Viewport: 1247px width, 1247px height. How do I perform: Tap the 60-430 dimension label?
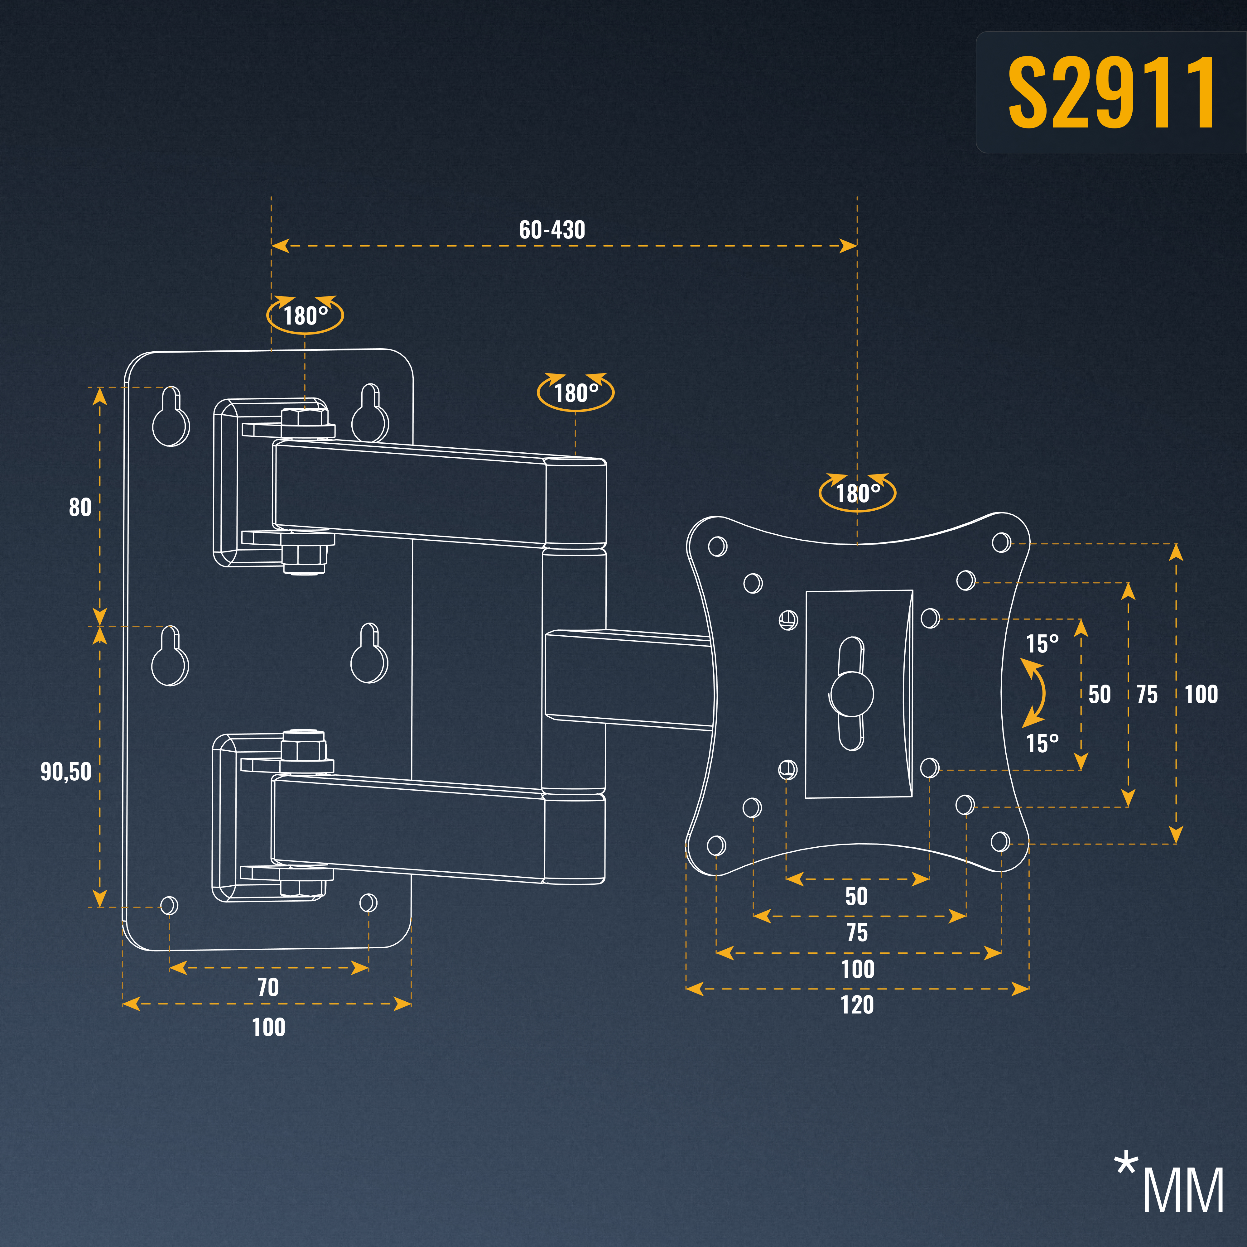click(x=552, y=230)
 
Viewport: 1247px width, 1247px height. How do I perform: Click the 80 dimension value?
click(x=80, y=507)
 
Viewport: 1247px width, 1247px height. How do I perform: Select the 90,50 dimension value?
click(x=66, y=772)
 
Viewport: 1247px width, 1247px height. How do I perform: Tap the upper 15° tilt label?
click(x=1042, y=643)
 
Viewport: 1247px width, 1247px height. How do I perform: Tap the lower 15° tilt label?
click(x=1042, y=743)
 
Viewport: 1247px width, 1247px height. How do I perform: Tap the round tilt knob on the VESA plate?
click(x=852, y=694)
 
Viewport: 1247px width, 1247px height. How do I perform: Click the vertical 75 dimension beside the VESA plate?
click(x=1147, y=695)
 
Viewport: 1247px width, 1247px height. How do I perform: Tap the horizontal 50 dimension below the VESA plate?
click(x=856, y=896)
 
